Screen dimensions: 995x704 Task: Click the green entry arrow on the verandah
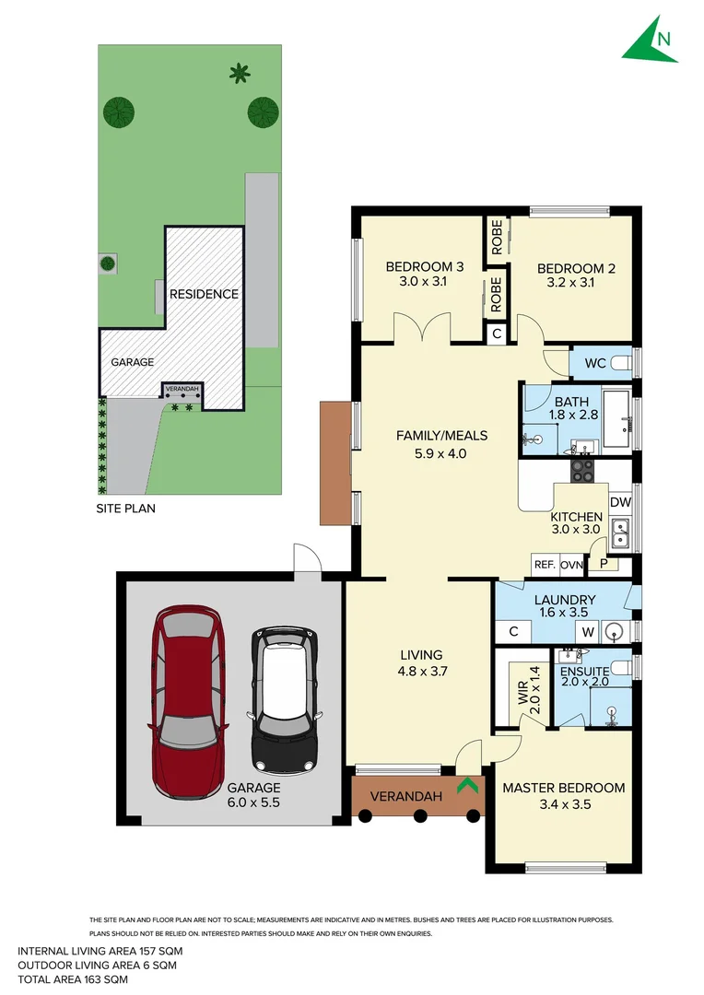468,786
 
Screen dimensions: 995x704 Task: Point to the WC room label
595,363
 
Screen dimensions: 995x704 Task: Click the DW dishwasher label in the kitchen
620,502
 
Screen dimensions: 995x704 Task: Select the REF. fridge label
544,565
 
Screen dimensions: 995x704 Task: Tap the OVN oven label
571,565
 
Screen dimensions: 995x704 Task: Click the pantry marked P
604,564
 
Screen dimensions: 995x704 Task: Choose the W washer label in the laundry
586,632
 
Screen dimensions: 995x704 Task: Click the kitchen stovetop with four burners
583,471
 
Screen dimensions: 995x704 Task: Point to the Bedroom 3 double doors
421,327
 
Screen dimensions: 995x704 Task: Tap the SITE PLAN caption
126,508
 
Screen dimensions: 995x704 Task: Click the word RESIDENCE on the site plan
204,294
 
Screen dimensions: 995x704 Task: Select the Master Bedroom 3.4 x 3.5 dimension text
563,804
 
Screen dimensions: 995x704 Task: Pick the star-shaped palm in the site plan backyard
240,72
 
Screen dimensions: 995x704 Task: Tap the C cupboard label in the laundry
514,632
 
